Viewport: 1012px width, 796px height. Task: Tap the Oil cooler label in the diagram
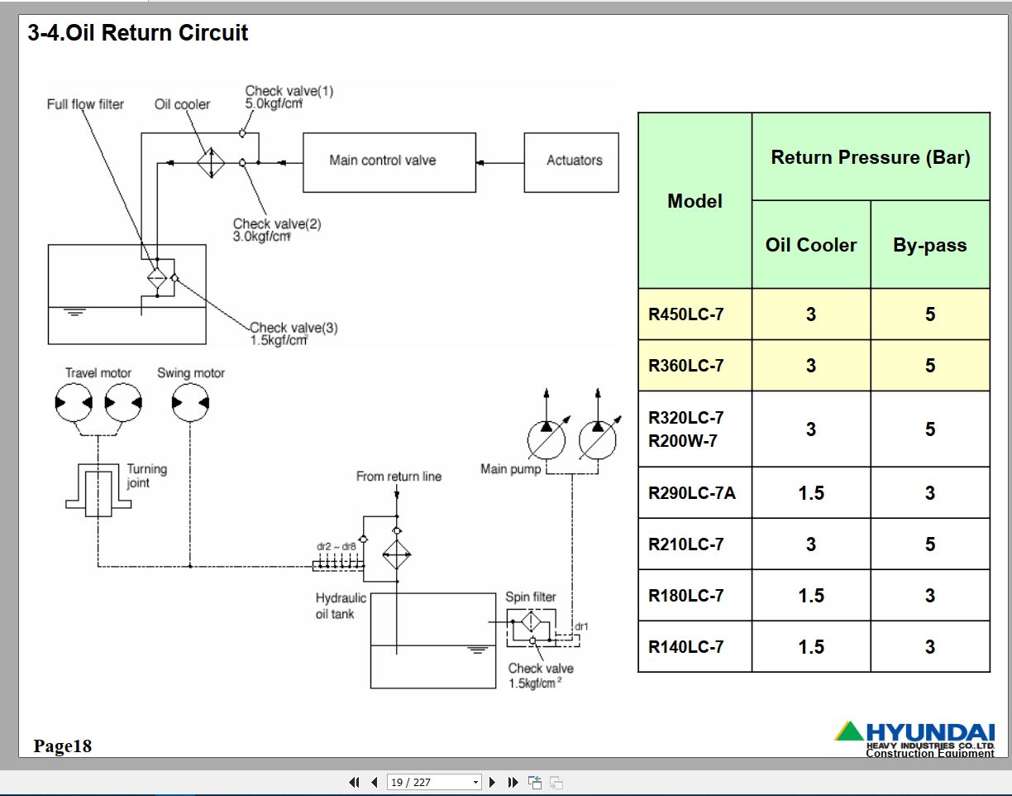(182, 104)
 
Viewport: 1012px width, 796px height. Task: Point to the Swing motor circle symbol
(191, 403)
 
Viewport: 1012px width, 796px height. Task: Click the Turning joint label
(146, 476)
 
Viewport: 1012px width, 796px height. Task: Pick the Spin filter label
(531, 597)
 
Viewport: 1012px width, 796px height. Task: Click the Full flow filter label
(85, 104)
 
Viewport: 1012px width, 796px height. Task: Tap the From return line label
(399, 477)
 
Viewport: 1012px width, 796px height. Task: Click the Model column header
(695, 201)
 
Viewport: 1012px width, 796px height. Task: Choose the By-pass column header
(929, 245)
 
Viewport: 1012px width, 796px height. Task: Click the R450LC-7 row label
(686, 314)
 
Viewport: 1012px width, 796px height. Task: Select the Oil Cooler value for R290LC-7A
(811, 493)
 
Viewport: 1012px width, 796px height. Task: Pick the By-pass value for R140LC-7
(929, 647)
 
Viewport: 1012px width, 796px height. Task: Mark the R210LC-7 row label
(686, 544)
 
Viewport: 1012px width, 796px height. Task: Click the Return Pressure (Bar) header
(871, 157)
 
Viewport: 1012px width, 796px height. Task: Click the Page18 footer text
(63, 746)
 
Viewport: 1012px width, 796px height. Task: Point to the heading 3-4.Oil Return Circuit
(138, 33)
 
